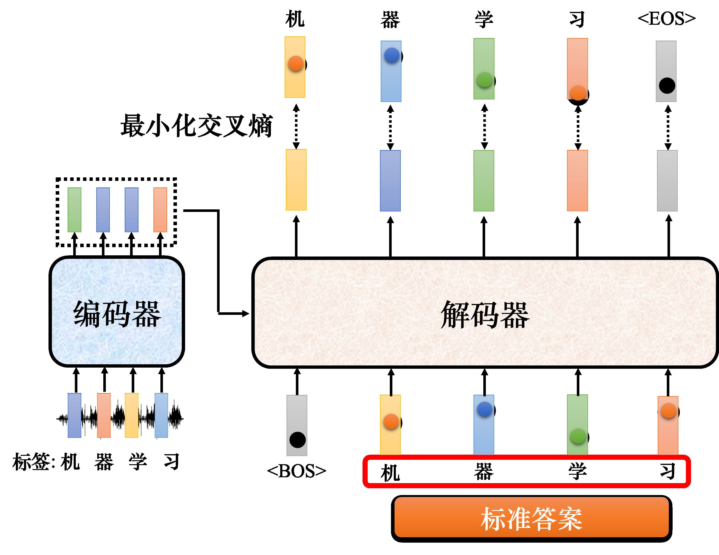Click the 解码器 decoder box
click(485, 313)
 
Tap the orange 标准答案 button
click(531, 518)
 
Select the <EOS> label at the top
click(666, 19)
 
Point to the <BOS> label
click(296, 471)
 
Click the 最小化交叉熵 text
click(196, 126)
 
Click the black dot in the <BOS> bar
click(297, 440)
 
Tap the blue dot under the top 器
click(392, 55)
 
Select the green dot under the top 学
click(484, 80)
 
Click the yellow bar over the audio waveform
click(132, 415)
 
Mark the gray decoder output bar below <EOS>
click(667, 181)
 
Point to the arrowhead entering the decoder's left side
click(245, 314)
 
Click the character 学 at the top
click(484, 19)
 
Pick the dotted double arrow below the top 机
click(296, 127)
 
